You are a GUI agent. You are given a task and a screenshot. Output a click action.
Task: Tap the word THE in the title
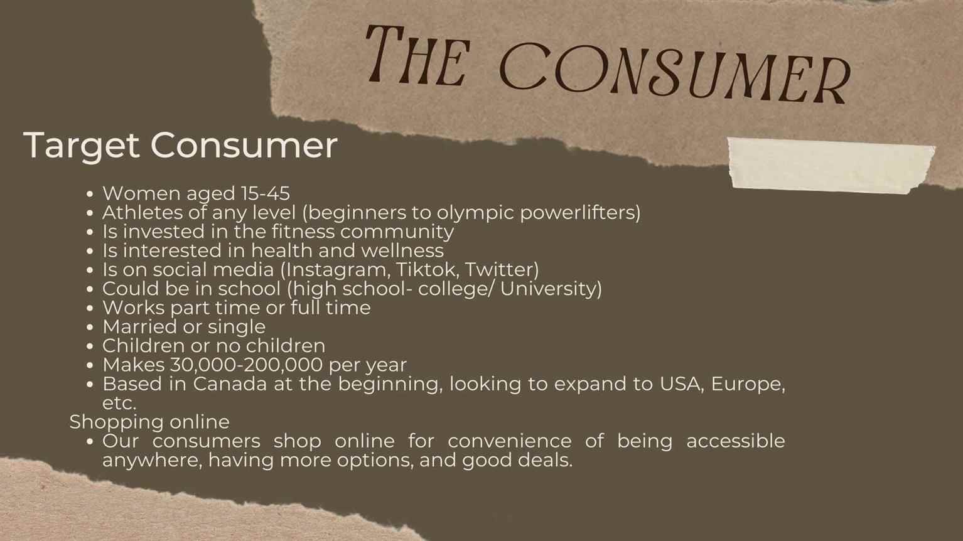tap(417, 55)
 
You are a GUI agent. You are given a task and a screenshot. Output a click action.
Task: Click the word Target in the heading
tap(82, 146)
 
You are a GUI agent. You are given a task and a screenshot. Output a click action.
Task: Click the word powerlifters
tap(581, 213)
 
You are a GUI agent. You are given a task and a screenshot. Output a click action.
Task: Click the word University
tap(551, 289)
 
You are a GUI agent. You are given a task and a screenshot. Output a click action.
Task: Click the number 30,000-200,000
tap(246, 365)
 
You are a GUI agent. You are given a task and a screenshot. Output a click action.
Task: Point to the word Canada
tap(230, 383)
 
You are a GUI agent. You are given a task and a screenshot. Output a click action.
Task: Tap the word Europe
tap(748, 384)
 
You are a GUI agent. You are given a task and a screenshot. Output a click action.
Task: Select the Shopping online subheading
tap(149, 422)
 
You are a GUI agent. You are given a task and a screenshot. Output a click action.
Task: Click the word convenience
tap(510, 441)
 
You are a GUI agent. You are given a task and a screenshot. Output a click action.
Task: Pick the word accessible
tap(736, 441)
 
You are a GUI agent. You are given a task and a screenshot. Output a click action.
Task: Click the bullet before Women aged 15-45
tap(89, 194)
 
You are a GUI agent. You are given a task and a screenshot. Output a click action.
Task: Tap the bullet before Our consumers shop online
tap(89, 442)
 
